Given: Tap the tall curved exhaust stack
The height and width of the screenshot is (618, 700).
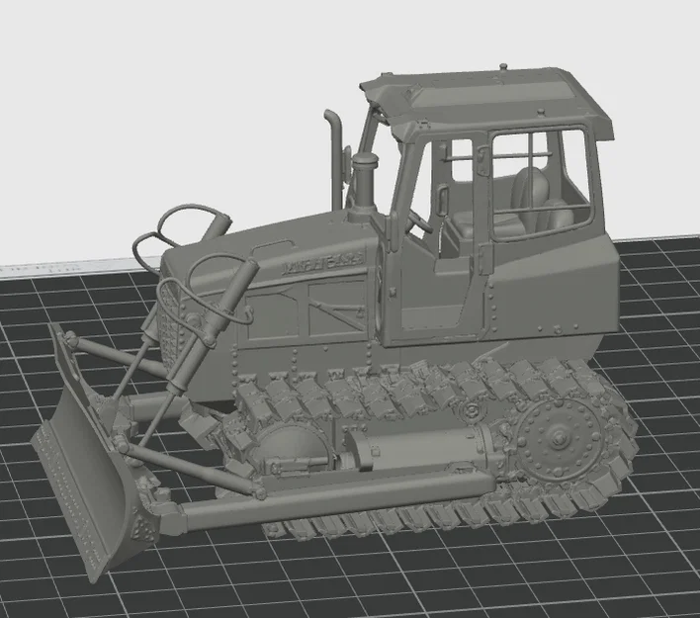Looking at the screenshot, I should click(335, 148).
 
